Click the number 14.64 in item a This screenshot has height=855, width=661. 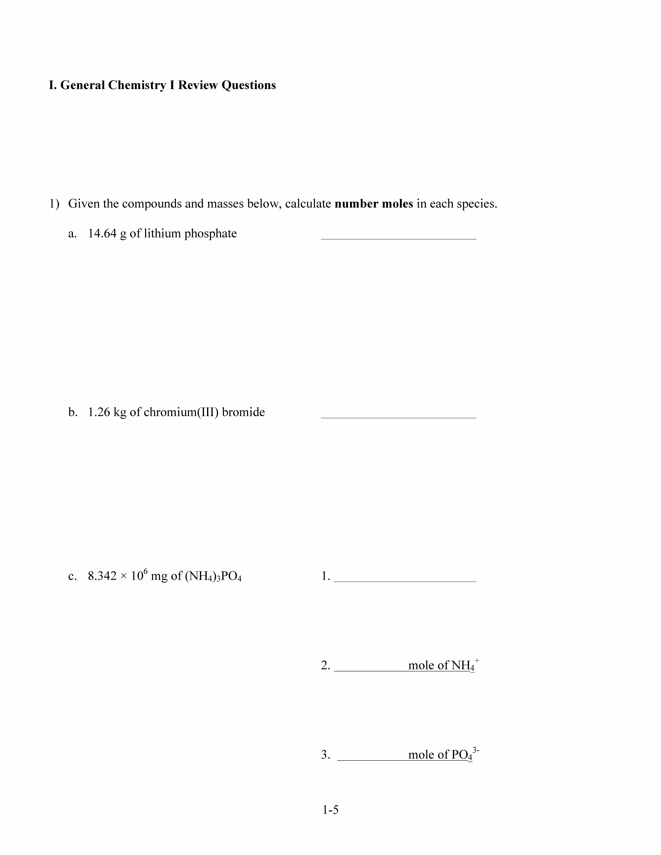[102, 234]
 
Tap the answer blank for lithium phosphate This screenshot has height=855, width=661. [398, 235]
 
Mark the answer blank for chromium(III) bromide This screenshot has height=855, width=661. [398, 414]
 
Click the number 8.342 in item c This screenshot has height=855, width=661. [102, 576]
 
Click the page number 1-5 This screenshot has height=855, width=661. [330, 810]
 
